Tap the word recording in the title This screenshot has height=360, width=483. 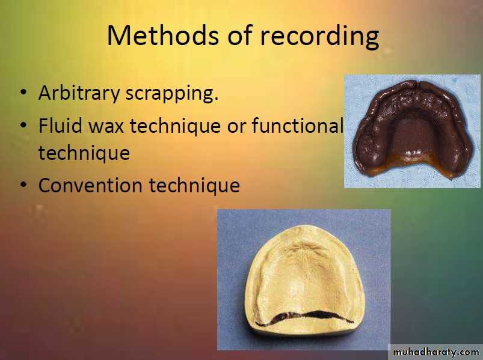[x=319, y=37]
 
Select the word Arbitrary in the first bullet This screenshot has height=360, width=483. [x=79, y=93]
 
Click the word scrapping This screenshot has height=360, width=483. [x=172, y=94]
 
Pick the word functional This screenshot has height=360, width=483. [x=297, y=125]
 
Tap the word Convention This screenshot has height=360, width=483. [x=91, y=185]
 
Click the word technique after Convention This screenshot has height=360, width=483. [x=194, y=186]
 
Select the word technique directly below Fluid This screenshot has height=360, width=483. [x=84, y=153]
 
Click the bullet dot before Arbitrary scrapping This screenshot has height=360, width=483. [x=23, y=93]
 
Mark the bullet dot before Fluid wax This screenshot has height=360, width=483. [x=23, y=125]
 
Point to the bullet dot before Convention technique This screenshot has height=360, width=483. [x=23, y=185]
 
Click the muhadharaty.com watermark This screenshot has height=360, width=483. [x=436, y=352]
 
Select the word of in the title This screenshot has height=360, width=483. [x=240, y=35]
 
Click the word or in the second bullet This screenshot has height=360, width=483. [x=236, y=127]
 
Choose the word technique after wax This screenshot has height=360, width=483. [x=175, y=126]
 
